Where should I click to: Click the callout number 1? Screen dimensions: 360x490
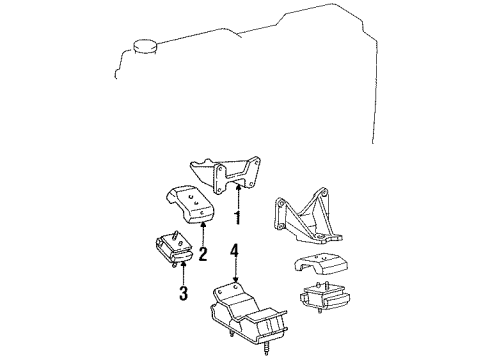point(238,216)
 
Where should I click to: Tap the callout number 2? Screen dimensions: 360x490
point(202,255)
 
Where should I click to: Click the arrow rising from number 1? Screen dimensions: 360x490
point(238,196)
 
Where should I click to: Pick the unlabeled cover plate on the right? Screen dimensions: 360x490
point(324,269)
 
